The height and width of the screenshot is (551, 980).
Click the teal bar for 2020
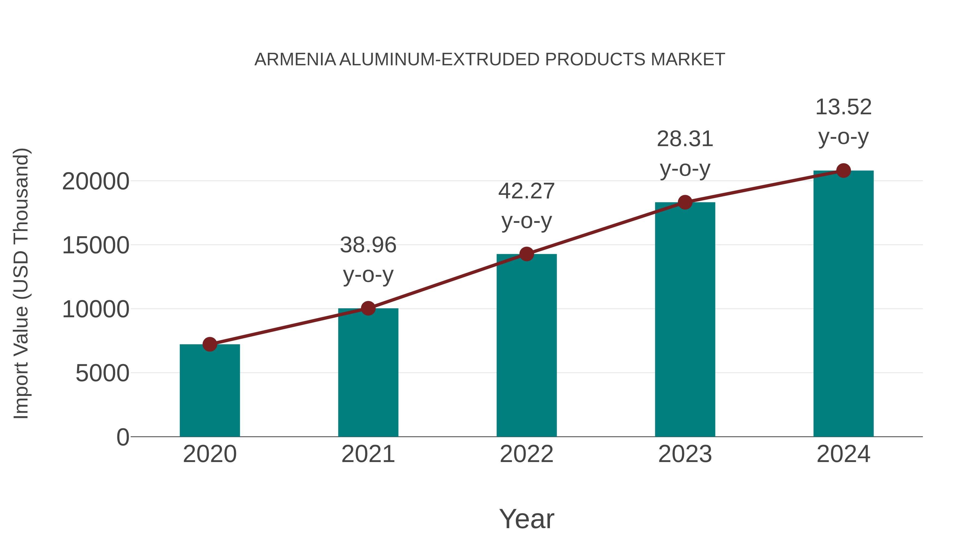coord(210,392)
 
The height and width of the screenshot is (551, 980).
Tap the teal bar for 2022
coord(526,346)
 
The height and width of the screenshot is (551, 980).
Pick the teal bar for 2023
coord(685,319)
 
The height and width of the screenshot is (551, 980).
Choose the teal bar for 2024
coord(843,304)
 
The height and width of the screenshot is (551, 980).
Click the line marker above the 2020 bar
coord(210,344)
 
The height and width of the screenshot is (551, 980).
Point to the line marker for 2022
coord(526,254)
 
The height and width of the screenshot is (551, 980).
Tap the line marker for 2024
coord(843,171)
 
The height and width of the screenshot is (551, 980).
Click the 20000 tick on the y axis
coord(96,182)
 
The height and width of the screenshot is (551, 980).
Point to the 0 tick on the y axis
coord(123,437)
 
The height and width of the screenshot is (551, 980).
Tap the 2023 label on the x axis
coord(685,454)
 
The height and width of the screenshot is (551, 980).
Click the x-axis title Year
coord(526,519)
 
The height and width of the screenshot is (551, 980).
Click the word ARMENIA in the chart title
coord(295,60)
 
